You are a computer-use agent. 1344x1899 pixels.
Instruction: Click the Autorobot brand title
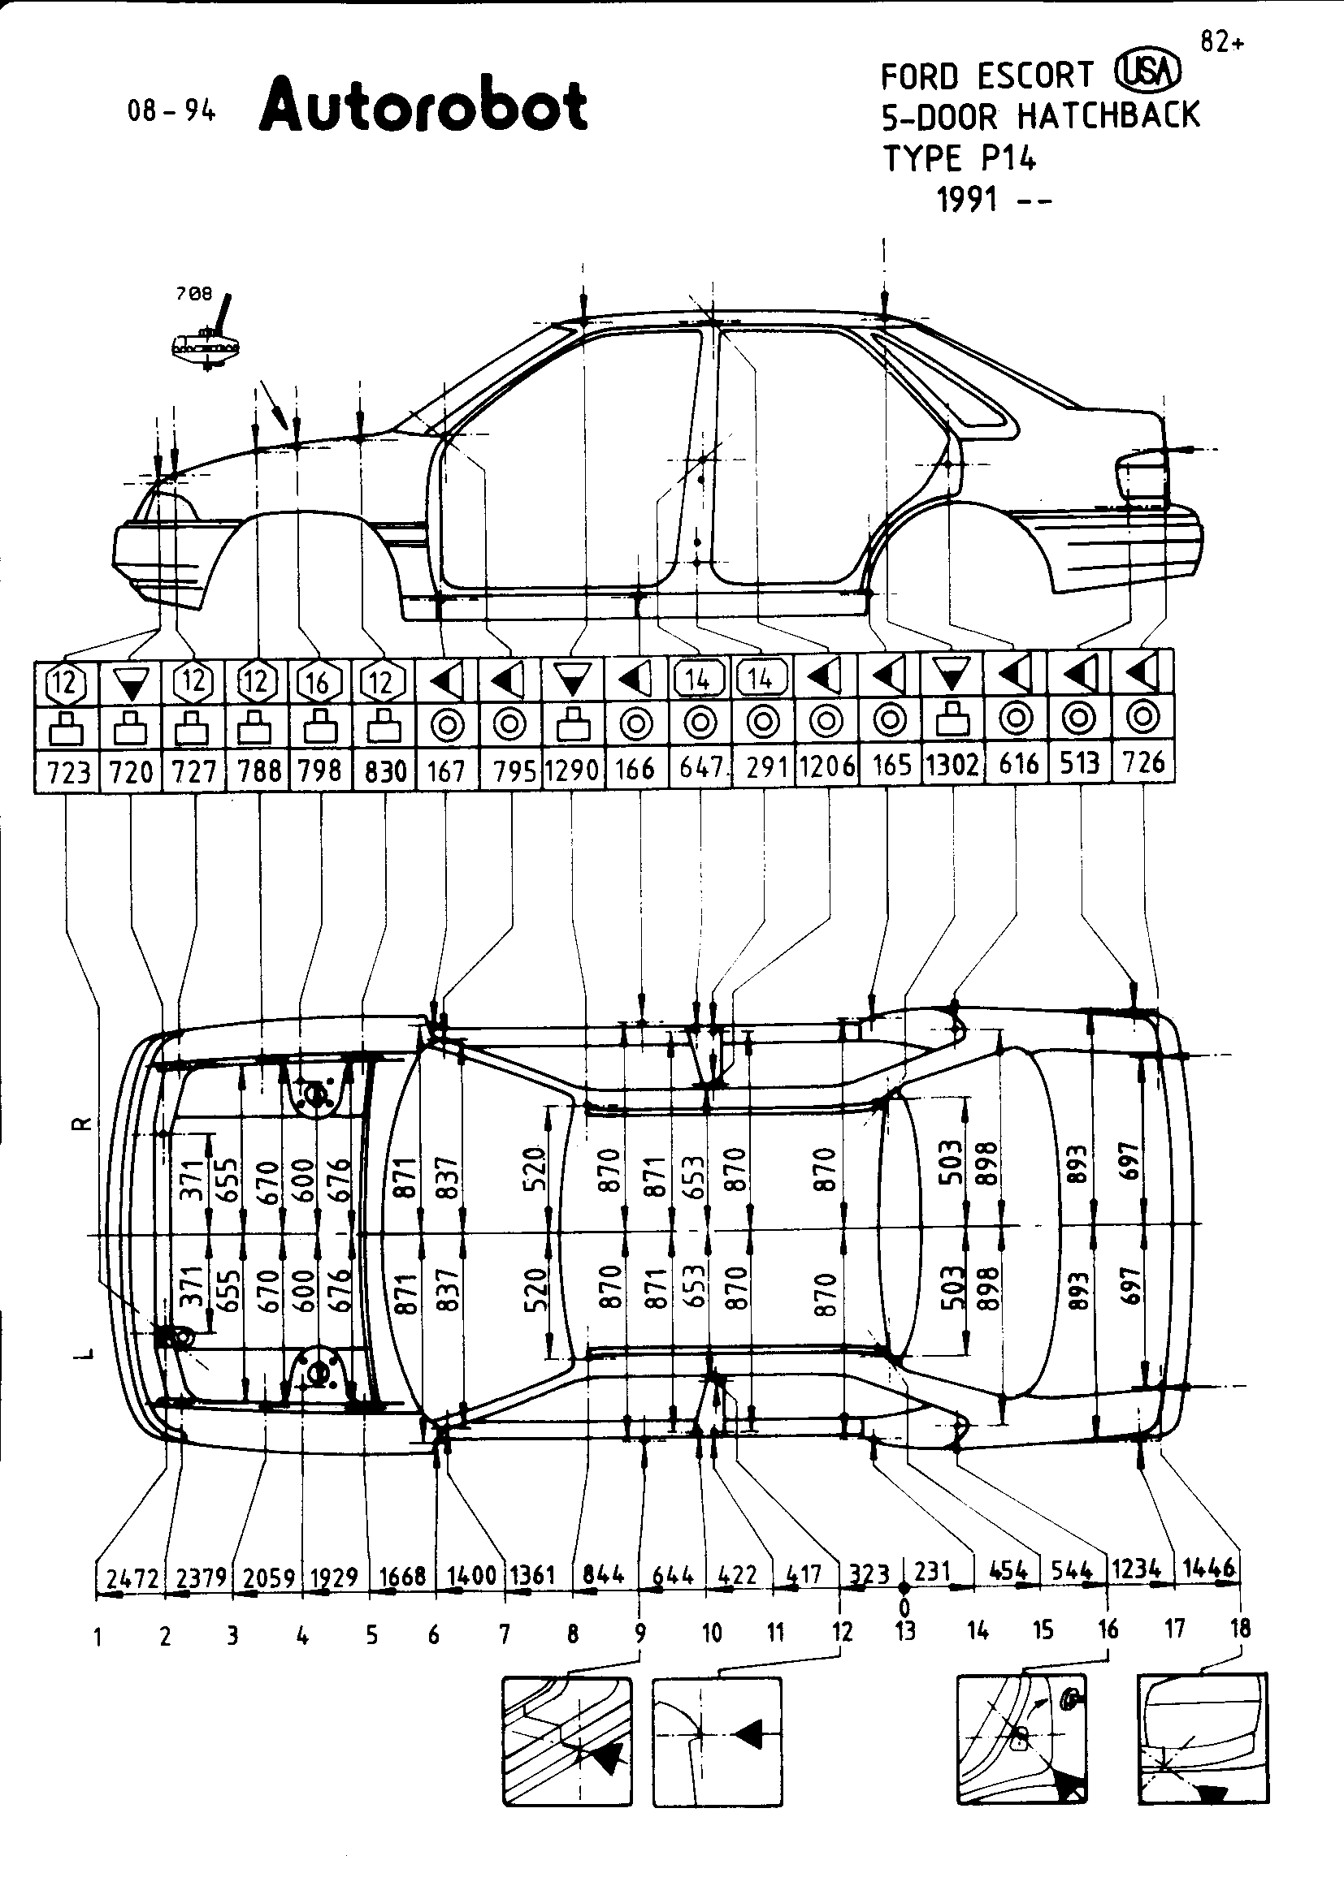423,106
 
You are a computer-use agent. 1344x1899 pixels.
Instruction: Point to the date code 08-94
171,111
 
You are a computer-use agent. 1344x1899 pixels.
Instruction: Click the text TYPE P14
959,158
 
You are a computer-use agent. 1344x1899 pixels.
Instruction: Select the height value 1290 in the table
572,770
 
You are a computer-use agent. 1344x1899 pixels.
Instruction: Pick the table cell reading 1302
952,765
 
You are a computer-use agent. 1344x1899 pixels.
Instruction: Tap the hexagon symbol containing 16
319,682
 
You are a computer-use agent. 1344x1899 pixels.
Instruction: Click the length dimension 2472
132,1577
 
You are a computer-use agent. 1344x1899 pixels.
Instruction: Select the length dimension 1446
1209,1567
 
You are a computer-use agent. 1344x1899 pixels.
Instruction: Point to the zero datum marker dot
904,1588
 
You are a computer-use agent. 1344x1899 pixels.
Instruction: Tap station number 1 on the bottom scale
98,1636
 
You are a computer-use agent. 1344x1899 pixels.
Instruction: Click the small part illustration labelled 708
206,339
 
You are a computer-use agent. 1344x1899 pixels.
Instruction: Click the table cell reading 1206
826,766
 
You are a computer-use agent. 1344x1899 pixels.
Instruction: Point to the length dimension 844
603,1573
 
